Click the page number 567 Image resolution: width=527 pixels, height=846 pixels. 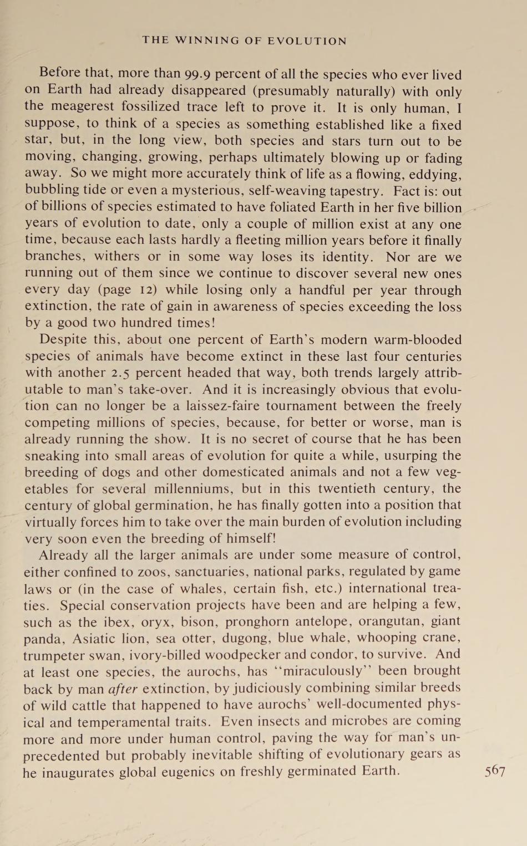pos(495,771)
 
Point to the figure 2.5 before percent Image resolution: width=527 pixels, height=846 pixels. pos(119,373)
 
